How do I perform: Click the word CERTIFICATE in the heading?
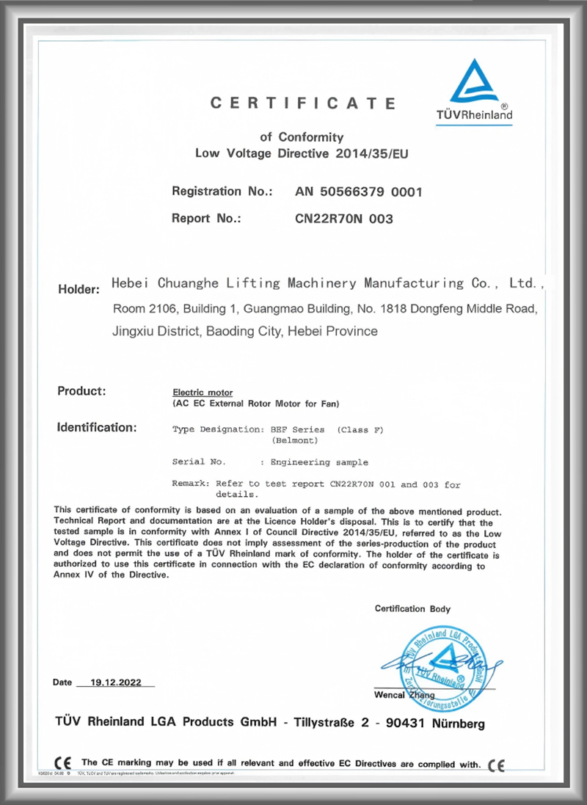click(303, 103)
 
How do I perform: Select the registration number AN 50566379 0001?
click(359, 192)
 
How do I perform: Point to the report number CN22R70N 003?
click(344, 219)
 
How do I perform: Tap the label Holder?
click(79, 289)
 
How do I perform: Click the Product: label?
click(81, 391)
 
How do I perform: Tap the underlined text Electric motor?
click(202, 393)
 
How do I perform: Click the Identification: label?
click(97, 427)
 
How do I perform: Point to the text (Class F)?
click(360, 429)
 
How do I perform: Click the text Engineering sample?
click(319, 462)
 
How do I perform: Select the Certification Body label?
click(412, 608)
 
